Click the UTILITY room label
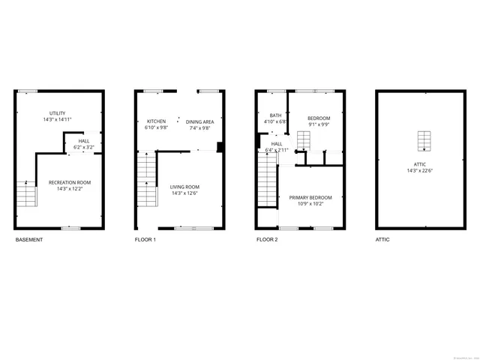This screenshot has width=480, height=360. point(57,112)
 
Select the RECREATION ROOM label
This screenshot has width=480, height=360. point(69,183)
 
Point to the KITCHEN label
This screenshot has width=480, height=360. point(156,121)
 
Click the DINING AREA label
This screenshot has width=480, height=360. point(200,121)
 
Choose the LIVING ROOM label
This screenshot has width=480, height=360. point(184,187)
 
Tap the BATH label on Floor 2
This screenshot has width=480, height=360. point(275,115)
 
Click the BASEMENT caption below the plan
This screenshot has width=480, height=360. point(29,240)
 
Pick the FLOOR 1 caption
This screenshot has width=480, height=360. point(145,240)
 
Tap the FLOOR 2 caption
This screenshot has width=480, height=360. point(266,240)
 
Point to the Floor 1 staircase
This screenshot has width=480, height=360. point(145,180)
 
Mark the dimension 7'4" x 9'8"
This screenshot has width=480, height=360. point(200,127)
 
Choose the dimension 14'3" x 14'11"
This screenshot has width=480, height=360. point(57,118)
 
